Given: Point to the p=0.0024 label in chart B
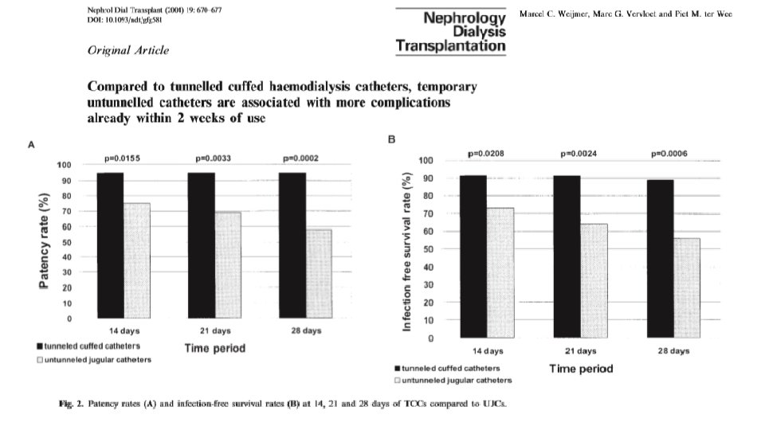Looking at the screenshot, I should tap(579, 153).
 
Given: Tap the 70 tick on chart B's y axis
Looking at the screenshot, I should tap(428, 214).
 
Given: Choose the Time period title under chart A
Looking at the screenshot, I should tap(215, 348).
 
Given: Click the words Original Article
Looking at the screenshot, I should tap(128, 50).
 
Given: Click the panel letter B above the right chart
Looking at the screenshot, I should tap(391, 139).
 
